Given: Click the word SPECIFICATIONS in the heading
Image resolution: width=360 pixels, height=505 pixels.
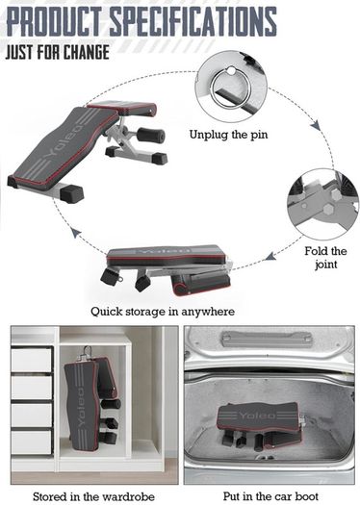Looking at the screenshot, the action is tap(193, 21).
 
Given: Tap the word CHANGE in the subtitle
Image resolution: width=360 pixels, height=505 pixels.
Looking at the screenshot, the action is tap(86, 52).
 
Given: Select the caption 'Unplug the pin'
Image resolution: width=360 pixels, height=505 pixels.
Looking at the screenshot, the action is tap(228, 135).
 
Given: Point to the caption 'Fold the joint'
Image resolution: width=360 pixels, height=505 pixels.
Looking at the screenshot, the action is tap(326, 258).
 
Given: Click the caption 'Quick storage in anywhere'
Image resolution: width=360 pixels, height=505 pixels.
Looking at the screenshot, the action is tap(163, 312).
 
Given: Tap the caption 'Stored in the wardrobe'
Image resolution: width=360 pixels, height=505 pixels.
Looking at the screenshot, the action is tap(93, 496).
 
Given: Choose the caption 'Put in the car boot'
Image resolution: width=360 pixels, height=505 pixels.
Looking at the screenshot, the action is tap(270, 496).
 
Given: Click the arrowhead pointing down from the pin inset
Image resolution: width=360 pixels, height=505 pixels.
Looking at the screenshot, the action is tap(317, 125).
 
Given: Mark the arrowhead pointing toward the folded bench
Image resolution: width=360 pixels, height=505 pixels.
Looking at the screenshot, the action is tap(270, 257).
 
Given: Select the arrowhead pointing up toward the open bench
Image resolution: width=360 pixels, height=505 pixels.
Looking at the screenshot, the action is tap(76, 233).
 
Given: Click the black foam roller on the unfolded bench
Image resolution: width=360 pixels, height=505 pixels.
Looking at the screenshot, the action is tap(150, 135).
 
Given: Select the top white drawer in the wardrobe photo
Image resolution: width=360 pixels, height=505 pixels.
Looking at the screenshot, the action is tap(31, 360).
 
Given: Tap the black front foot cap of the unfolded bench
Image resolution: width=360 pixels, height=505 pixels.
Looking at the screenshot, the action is tap(72, 194).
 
